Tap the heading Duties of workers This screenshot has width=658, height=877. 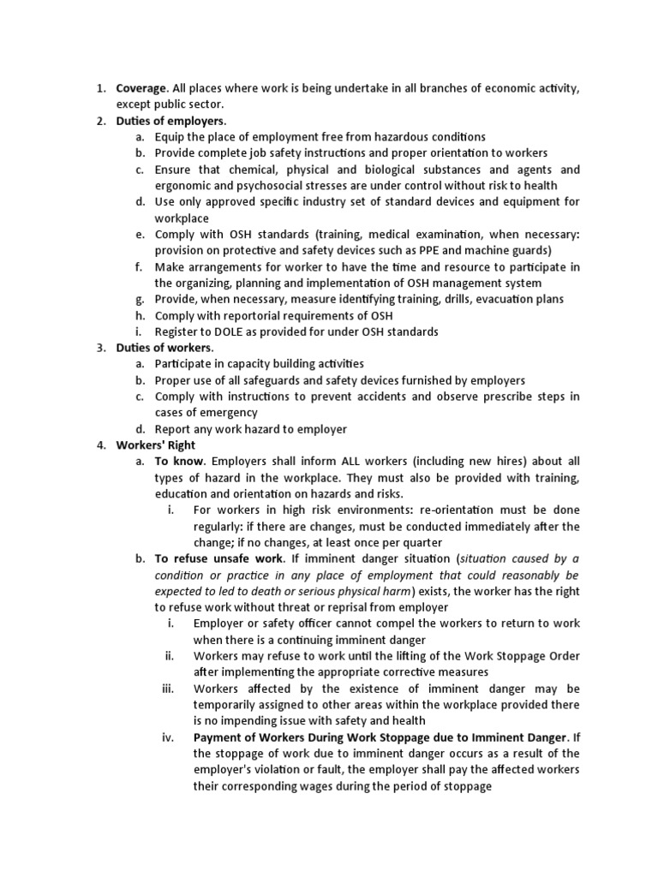[x=164, y=348]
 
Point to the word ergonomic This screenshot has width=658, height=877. [x=184, y=185]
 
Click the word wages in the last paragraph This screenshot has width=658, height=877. [x=356, y=786]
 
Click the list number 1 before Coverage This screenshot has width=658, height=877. [x=99, y=87]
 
